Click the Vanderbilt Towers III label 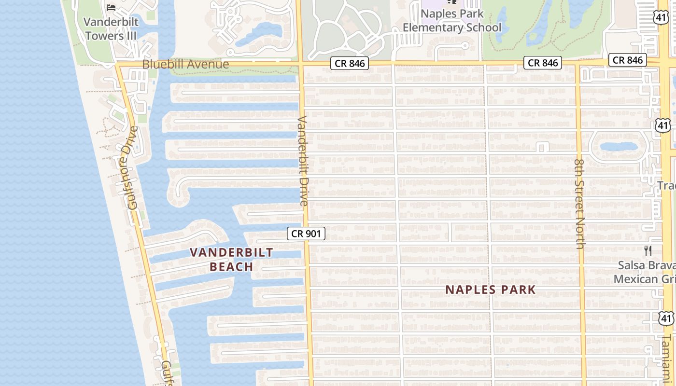[111, 29]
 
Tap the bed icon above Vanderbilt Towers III [111, 8]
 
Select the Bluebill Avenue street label [185, 64]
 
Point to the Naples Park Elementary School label [452, 21]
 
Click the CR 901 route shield [306, 234]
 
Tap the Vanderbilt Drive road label [303, 161]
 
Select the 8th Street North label [580, 203]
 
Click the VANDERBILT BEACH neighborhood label [231, 259]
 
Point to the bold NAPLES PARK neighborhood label [490, 289]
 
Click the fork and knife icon [648, 251]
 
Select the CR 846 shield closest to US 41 [627, 60]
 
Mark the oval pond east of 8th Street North [619, 146]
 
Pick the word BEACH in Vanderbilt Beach [231, 266]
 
